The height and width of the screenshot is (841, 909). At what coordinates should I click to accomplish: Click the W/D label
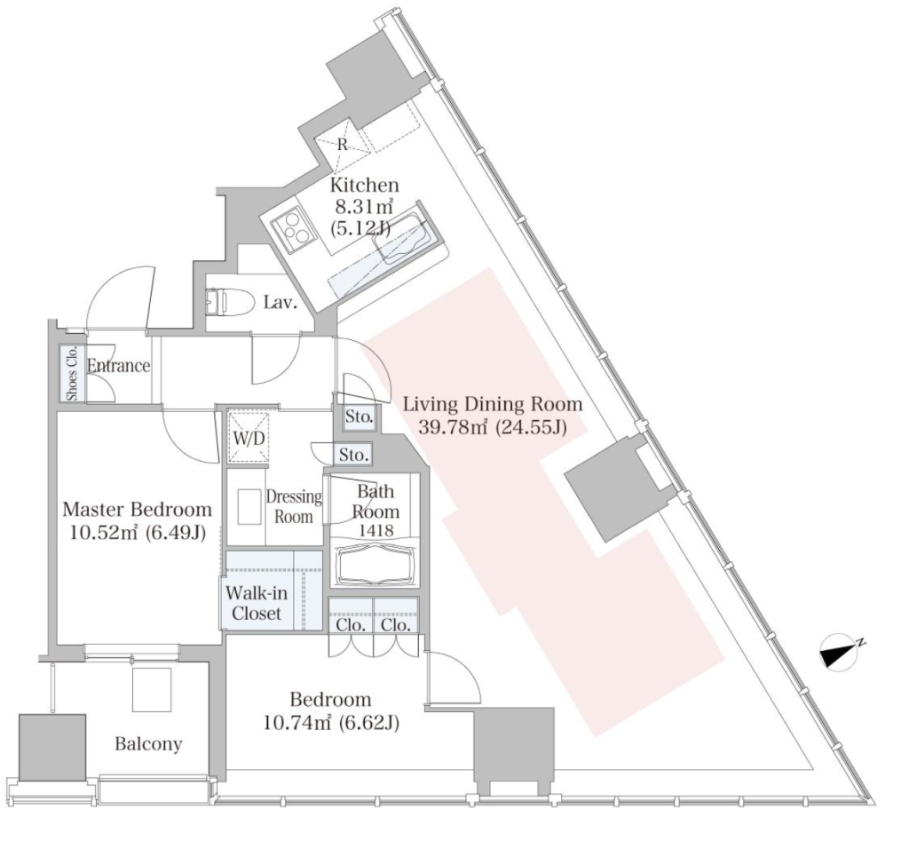click(x=249, y=438)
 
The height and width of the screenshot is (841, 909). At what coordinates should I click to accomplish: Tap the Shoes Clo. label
click(x=73, y=373)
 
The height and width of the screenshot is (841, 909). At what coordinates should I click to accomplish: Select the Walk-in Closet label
click(x=257, y=603)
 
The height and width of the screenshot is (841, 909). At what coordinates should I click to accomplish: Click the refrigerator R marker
click(x=342, y=145)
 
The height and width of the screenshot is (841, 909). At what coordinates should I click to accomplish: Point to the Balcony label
click(x=148, y=743)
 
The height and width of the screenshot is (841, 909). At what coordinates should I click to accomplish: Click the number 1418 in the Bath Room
click(x=375, y=529)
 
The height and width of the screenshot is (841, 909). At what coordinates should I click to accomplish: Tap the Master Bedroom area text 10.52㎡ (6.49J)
click(x=138, y=532)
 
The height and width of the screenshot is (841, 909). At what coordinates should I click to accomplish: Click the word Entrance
click(x=118, y=365)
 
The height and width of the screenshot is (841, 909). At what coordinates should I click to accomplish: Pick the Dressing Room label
click(x=293, y=506)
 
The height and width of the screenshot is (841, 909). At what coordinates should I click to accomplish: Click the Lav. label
click(x=281, y=302)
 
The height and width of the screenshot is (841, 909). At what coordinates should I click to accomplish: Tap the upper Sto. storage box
click(x=360, y=417)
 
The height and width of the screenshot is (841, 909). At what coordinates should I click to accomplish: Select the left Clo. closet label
click(x=351, y=624)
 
